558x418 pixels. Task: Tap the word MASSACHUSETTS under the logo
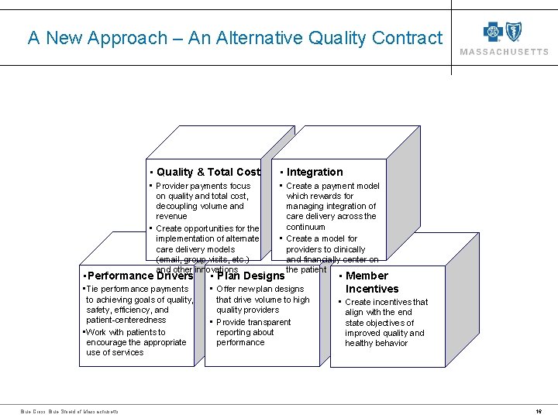505,52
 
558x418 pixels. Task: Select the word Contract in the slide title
407,38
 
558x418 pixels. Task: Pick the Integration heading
315,172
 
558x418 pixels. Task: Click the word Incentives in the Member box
371,289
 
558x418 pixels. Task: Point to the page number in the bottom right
538,411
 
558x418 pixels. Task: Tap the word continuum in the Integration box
305,227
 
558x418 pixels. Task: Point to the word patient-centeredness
126,320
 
